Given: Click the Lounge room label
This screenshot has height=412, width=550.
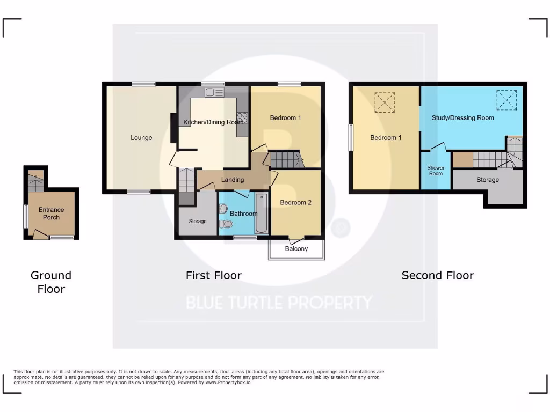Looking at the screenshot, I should click(141, 138).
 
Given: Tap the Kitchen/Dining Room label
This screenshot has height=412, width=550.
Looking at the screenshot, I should click(213, 122).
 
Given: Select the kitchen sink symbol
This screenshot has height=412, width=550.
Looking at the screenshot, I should click(213, 92).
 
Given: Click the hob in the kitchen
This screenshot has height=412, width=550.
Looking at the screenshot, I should click(242, 117).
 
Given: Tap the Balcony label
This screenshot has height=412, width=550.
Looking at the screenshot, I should click(296, 249).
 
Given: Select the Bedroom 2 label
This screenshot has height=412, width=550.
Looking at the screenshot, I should click(296, 203).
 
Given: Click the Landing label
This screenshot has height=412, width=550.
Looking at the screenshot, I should click(233, 180).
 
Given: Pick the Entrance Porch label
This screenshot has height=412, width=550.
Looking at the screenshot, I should click(51, 214).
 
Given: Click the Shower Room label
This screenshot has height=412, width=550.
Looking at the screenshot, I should click(436, 171).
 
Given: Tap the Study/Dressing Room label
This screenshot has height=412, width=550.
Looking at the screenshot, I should click(462, 117).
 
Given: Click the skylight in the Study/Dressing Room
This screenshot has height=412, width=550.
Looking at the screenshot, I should click(506, 99).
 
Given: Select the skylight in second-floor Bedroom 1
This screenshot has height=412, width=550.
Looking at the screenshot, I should click(385, 102).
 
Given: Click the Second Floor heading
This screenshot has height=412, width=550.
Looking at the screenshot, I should click(437, 275).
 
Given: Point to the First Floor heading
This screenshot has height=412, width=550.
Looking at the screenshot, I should click(214, 275).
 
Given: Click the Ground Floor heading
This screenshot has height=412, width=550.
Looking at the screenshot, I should click(51, 282).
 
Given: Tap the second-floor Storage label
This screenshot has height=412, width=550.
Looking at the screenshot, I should click(487, 180).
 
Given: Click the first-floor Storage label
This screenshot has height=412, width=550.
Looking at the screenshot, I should click(198, 221).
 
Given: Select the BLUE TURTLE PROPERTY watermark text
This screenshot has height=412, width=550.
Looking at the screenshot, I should click(279, 303).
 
